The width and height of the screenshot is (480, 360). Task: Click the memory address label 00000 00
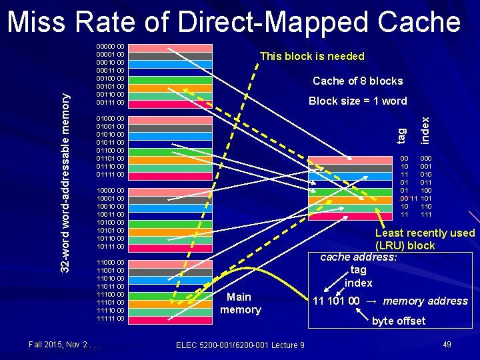(x=110, y=47)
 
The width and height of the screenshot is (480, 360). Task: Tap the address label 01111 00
(x=110, y=175)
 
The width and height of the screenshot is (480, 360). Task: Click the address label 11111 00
(x=110, y=319)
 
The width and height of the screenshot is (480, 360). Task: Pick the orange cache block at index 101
(x=349, y=199)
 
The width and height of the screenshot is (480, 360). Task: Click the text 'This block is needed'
(x=312, y=56)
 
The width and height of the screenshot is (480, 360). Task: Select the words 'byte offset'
(x=399, y=321)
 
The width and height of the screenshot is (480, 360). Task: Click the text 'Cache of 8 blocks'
(x=357, y=81)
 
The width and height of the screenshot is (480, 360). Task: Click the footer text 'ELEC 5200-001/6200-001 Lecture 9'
(x=240, y=344)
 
